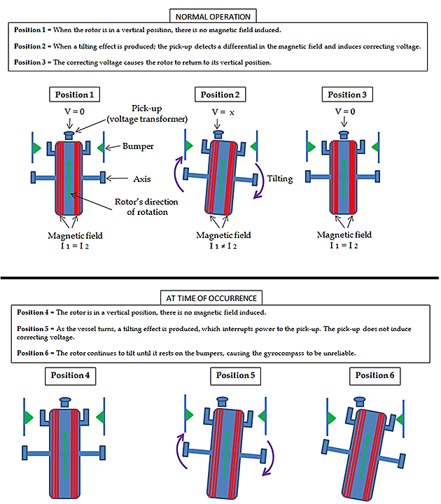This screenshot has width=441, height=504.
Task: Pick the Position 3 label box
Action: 349,94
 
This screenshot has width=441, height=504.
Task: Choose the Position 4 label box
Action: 71,375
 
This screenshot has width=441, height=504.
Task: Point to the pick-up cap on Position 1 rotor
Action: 69,134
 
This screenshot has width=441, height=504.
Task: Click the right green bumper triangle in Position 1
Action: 101,147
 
